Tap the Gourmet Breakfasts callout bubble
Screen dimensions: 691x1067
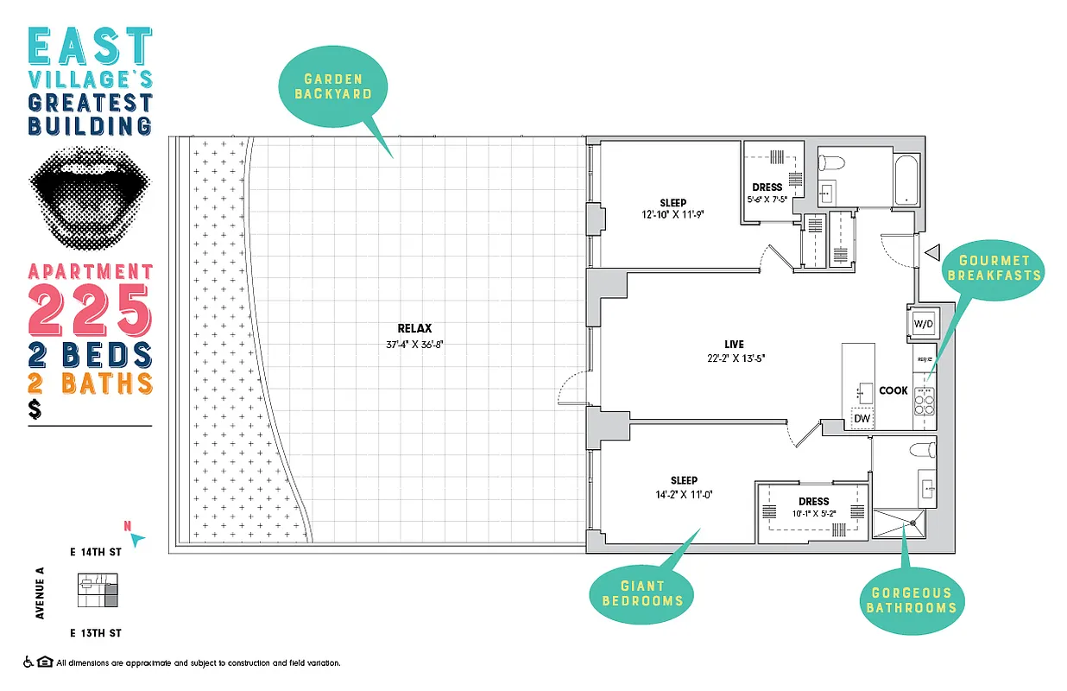pos(994,268)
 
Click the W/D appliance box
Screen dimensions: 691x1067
pos(923,323)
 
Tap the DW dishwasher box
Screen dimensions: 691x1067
pos(862,419)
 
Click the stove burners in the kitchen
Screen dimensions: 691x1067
pos(924,399)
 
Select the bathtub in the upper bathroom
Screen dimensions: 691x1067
pos(906,176)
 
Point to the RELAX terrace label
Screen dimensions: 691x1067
pos(414,328)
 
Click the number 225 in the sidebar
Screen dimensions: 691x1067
pos(91,309)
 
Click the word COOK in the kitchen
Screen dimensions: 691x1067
pos(893,390)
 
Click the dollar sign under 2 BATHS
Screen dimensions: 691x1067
pos(35,410)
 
